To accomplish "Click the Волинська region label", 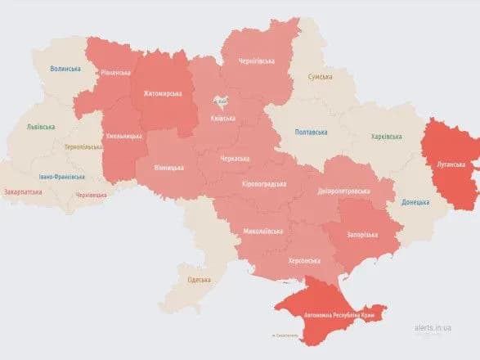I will [x=66, y=69].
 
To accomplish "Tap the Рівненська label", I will [x=115, y=72].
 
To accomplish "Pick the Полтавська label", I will [x=312, y=132].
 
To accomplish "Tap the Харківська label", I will [x=386, y=137].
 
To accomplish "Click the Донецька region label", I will [x=415, y=202].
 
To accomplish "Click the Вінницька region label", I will [x=168, y=168].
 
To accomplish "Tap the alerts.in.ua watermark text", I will [x=433, y=326].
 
